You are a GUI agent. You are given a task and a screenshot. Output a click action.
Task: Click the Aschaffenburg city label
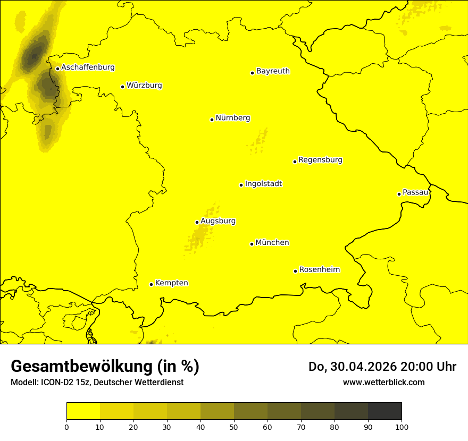pos(88,67)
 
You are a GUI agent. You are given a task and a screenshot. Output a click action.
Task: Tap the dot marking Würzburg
pos(122,87)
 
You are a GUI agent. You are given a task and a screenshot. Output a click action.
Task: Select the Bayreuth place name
pos(273,71)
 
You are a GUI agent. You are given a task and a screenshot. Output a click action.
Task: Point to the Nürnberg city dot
pos(212,120)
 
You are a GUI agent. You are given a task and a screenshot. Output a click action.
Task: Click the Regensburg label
pos(320,159)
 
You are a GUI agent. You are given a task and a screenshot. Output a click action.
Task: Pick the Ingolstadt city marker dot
pos(241,185)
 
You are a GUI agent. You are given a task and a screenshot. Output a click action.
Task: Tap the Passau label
pos(415,192)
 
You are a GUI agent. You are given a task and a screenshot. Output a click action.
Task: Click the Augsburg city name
pos(218,221)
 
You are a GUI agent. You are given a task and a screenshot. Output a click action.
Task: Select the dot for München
pos(252,244)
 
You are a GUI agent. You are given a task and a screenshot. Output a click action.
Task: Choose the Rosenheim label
pos(319,269)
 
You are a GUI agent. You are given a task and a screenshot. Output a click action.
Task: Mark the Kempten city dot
pos(151,284)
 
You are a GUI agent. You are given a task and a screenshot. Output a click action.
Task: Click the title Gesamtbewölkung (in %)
pos(105,367)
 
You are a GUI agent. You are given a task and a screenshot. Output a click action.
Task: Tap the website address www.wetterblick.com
pos(383,382)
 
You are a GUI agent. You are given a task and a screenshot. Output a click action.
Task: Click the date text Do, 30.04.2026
pos(350,367)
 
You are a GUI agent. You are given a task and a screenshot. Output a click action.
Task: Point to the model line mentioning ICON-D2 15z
pos(97,382)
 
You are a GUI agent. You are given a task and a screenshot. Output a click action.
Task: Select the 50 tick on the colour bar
pos(234,426)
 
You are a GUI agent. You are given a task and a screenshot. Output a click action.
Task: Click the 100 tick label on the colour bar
pos(402,426)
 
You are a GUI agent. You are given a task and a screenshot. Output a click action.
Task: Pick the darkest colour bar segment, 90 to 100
pos(385,411)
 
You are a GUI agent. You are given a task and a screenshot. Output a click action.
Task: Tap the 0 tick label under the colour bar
pos(66,426)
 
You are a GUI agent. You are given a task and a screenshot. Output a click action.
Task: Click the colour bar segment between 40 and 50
pos(217,411)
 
